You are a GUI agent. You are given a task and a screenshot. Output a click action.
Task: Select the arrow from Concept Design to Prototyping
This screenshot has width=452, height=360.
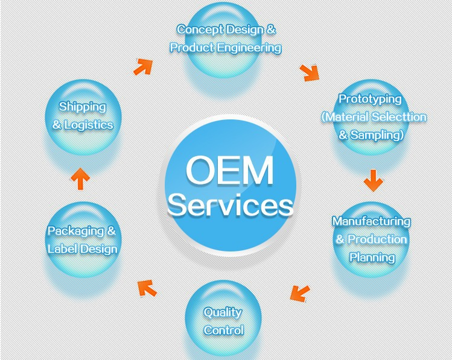pos(310,72)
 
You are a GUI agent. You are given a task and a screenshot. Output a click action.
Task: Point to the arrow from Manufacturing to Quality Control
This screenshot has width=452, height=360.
pos(299,292)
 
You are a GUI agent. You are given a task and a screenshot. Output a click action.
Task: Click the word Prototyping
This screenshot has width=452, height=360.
pos(370,99)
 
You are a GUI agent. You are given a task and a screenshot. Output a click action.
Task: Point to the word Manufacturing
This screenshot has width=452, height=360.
pos(371,221)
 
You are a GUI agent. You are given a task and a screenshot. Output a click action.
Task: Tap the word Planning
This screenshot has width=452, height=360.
pos(372,257)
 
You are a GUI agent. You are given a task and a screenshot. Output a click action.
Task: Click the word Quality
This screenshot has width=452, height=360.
pos(223,312)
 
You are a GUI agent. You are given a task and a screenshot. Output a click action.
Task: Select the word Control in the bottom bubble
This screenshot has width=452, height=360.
pos(224,330)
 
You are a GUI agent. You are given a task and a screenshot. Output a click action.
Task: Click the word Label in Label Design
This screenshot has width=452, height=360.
pos(62,248)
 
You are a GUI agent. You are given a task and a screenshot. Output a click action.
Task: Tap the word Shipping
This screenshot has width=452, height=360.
pos(82,107)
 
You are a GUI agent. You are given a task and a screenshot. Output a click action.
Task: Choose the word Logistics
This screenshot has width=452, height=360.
pos(91,125)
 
